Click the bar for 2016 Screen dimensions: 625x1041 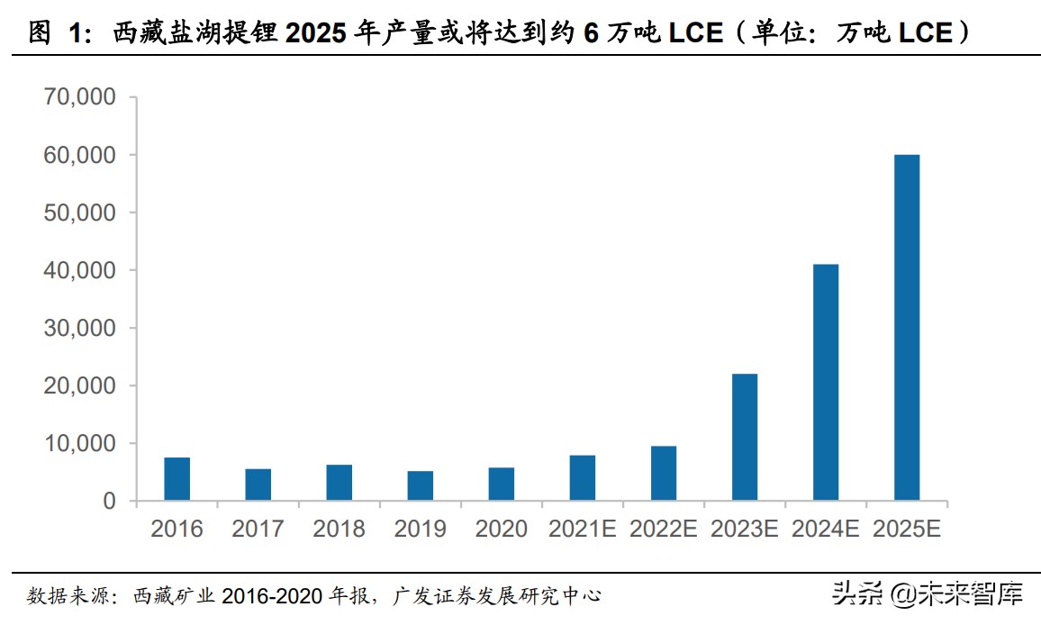click(x=177, y=479)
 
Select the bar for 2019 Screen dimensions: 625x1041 click(x=421, y=485)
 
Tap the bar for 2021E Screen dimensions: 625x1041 click(x=583, y=478)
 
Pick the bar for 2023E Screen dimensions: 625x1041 click(x=745, y=437)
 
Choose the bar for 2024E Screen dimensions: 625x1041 click(x=826, y=382)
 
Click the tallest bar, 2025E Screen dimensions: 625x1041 click(x=907, y=328)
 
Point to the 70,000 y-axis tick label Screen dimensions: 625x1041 click(x=80, y=97)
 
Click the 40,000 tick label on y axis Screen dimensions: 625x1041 click(x=80, y=270)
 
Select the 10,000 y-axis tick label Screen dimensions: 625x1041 click(x=80, y=443)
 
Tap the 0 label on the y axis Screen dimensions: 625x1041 click(x=109, y=501)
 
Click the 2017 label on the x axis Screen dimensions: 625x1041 click(x=258, y=529)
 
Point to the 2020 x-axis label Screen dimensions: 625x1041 click(x=502, y=529)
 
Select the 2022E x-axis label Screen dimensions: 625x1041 click(x=664, y=529)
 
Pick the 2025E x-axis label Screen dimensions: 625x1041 click(x=907, y=529)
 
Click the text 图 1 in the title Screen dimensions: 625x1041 click(x=56, y=33)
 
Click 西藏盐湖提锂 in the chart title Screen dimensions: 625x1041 click(x=196, y=33)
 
